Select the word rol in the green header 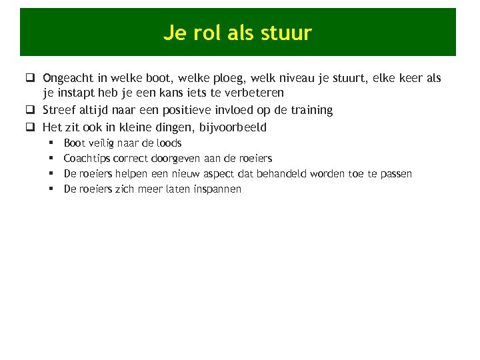click(210, 33)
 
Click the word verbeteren click(252, 93)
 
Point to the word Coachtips click(87, 158)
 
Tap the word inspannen click(217, 189)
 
